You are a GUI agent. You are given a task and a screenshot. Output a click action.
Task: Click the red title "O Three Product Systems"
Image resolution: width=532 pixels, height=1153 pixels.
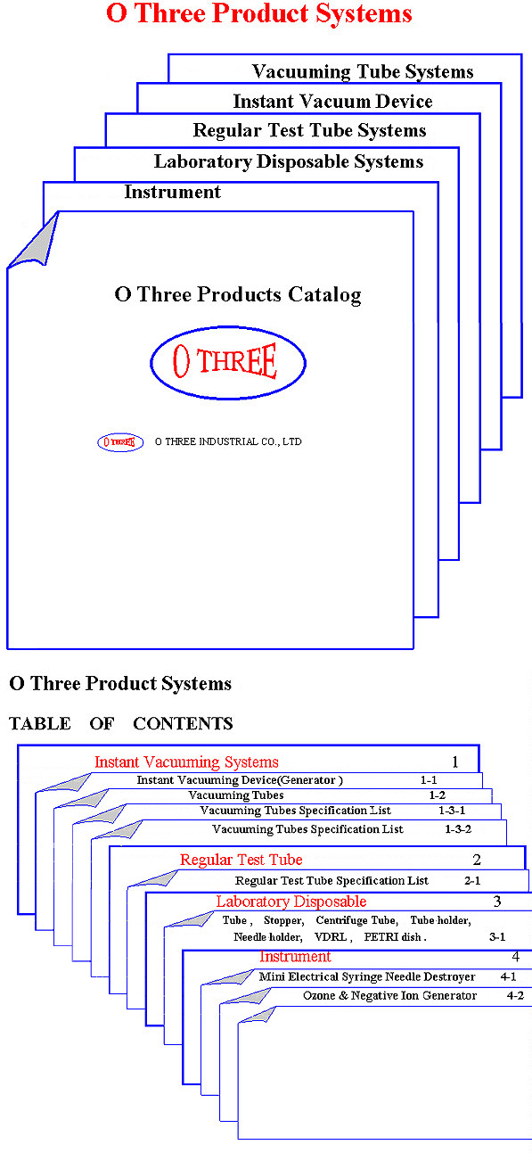coord(258,12)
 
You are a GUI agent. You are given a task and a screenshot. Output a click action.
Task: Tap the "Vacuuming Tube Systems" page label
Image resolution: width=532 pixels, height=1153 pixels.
coord(363,71)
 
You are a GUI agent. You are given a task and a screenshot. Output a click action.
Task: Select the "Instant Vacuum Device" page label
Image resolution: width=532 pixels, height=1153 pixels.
coord(333,101)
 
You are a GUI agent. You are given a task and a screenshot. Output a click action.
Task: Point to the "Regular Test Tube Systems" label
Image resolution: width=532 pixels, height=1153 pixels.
coord(310,131)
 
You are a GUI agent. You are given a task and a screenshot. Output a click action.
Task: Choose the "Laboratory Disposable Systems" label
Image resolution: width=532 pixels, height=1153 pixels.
coord(289,161)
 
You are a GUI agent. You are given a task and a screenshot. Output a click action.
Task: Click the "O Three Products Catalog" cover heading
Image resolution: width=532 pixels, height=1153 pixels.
coord(238,295)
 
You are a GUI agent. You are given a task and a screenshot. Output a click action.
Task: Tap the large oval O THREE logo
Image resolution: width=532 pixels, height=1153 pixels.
coord(228,362)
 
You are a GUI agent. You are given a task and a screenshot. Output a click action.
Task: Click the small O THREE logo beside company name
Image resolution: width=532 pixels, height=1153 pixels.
coord(120,442)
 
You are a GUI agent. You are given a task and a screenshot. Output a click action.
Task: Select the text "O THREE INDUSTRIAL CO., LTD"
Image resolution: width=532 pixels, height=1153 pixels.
coord(228,441)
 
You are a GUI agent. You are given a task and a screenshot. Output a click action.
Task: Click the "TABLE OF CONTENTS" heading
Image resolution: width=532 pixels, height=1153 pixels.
coord(121,723)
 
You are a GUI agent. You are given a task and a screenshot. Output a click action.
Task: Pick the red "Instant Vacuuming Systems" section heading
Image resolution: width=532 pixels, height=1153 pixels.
coord(186,762)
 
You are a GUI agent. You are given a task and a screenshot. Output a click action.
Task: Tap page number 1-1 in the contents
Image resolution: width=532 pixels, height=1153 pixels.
coord(429,780)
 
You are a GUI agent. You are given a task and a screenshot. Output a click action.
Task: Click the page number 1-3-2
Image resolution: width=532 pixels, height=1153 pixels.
coord(458,828)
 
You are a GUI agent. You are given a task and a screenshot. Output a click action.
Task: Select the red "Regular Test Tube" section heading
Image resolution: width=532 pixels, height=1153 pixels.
coord(241,860)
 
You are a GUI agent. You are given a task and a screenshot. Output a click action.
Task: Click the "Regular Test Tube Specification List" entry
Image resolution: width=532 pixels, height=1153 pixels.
coord(331,881)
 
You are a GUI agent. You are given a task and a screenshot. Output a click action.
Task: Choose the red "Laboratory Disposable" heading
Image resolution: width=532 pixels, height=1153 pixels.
coord(291,902)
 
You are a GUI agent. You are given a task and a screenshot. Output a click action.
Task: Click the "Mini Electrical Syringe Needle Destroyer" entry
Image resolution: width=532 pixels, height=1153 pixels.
coord(367,977)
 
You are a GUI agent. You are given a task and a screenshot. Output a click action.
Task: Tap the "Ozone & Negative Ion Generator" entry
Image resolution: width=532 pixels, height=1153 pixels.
coord(390,995)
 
